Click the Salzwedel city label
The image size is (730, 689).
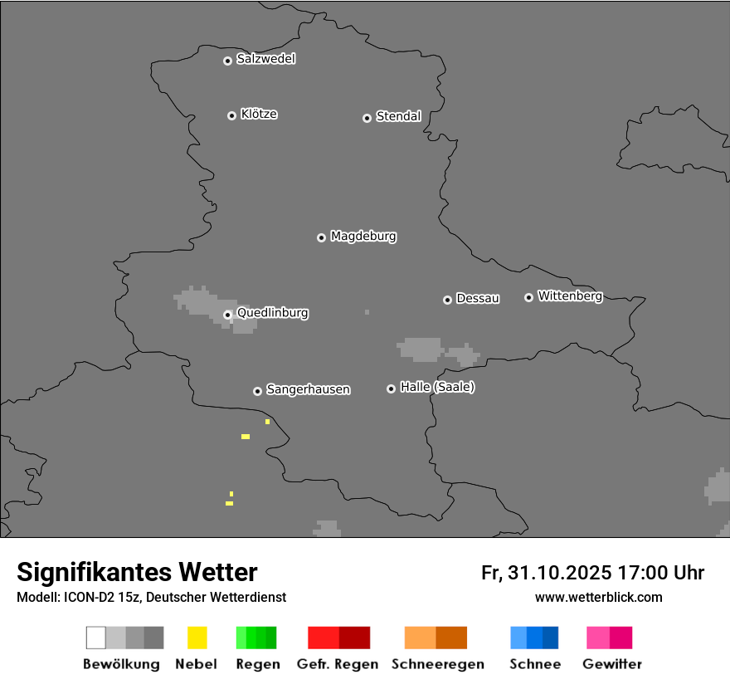(x=265, y=59)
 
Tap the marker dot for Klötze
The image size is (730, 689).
(x=231, y=115)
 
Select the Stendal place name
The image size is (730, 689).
(x=398, y=116)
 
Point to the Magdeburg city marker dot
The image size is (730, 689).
(x=321, y=237)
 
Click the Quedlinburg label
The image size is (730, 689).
(x=272, y=313)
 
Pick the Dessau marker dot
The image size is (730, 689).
(x=447, y=300)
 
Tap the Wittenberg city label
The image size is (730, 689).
(x=570, y=296)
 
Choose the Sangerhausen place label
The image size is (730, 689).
(x=308, y=389)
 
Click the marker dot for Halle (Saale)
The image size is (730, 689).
(x=391, y=388)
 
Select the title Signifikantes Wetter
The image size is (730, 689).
(x=137, y=572)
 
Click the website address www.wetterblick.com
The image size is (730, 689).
(x=598, y=597)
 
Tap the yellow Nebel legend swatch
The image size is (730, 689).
(x=197, y=638)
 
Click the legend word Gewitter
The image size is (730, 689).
(x=612, y=664)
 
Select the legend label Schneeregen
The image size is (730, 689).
(x=438, y=664)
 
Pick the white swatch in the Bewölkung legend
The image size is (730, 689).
(x=96, y=638)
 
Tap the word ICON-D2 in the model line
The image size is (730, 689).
(x=89, y=597)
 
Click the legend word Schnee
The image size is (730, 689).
(x=534, y=664)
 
